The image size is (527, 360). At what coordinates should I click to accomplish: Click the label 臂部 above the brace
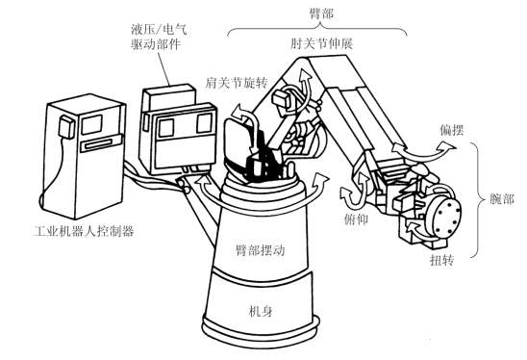point(321,13)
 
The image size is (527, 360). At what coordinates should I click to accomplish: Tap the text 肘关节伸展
point(321,43)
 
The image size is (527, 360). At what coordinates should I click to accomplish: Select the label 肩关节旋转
point(236,83)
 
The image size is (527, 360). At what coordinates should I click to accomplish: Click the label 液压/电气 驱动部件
point(159,37)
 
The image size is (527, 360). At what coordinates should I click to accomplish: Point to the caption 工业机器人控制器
point(84,231)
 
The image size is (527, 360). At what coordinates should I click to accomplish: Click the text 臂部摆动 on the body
point(260,250)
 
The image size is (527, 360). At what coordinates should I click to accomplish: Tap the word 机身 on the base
point(261,312)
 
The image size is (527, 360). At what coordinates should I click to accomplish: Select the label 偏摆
point(452,130)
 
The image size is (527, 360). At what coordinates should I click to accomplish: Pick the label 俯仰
point(356,219)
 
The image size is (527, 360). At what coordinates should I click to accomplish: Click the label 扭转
point(442,260)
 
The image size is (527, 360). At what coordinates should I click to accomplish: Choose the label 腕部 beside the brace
point(501,199)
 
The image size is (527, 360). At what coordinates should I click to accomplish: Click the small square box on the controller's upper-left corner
point(66,126)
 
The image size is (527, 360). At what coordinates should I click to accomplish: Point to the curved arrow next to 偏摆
point(425,152)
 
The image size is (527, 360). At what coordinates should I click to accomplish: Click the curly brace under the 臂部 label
point(317,28)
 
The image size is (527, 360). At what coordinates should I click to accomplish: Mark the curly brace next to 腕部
point(477,199)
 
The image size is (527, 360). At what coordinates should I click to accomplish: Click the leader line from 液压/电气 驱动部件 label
point(162,68)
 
